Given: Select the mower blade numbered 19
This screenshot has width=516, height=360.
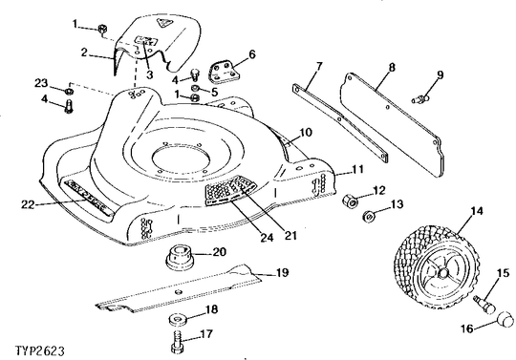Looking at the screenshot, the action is click(x=180, y=289).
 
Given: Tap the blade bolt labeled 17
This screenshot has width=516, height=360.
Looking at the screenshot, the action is click(x=178, y=343).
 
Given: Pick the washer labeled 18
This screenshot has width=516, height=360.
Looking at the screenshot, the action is click(x=178, y=319).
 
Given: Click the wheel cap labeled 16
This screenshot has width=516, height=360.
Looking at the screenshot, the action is click(x=504, y=319).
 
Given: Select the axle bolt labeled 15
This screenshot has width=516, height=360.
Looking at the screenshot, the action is click(x=483, y=305).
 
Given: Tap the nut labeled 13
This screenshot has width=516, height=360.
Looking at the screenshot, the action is click(x=370, y=217).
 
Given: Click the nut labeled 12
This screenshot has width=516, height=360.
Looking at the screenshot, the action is click(x=350, y=201).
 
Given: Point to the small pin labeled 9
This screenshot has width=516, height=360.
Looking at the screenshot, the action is click(x=420, y=98).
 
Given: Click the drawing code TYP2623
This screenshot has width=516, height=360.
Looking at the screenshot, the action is click(x=40, y=350).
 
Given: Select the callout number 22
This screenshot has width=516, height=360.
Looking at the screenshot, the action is click(x=28, y=204).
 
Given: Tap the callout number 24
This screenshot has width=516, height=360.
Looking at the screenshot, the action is click(x=267, y=237).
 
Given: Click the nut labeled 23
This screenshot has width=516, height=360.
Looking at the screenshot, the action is click(x=68, y=91).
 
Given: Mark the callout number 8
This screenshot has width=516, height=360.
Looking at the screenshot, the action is click(x=392, y=68).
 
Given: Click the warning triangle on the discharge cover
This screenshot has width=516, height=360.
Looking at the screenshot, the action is click(x=164, y=23).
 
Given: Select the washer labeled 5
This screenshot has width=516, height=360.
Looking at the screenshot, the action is click(x=196, y=88).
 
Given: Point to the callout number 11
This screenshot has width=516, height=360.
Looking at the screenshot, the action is click(x=357, y=169).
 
